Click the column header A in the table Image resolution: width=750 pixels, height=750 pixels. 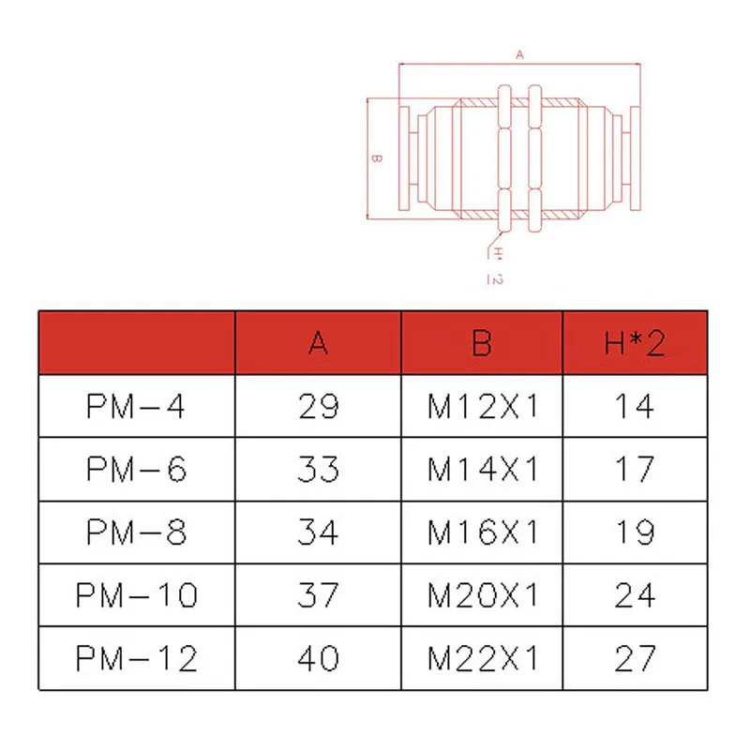click(x=318, y=343)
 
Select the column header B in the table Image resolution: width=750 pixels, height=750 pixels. click(x=482, y=343)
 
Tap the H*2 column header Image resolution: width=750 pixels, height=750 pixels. click(x=635, y=343)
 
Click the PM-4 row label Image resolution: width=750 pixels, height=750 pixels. click(x=136, y=407)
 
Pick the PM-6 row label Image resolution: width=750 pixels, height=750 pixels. click(x=136, y=470)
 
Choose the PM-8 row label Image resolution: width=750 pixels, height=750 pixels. click(x=136, y=532)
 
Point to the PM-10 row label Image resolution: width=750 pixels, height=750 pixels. click(x=136, y=595)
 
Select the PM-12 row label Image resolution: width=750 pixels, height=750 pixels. click(x=136, y=659)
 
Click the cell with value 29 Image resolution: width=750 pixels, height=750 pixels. click(x=319, y=407)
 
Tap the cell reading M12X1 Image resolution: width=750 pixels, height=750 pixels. click(x=483, y=407)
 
